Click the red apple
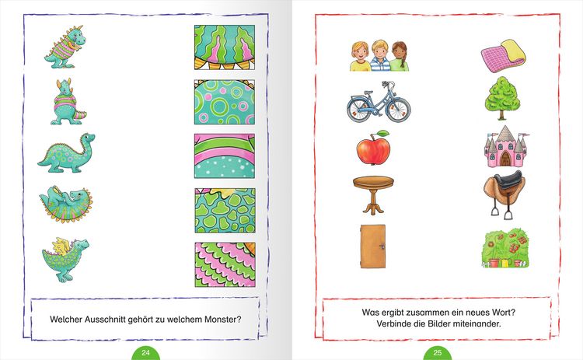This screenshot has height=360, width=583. point(373,148)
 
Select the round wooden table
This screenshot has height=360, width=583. point(373,194)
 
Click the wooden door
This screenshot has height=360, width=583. point(373,246)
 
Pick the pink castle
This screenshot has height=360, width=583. point(505,146)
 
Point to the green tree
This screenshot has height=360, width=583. point(502,98)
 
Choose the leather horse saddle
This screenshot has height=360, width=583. point(504,194)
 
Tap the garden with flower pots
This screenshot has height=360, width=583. point(505,248)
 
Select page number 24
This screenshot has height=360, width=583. point(145,352)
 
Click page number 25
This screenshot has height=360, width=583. point(437,352)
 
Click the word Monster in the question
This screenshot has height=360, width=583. point(223,319)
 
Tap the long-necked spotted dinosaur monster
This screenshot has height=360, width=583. point(66,153)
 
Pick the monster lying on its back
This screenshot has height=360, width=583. point(66,204)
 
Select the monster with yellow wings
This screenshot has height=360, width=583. point(65,259)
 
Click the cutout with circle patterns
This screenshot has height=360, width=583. point(225,102)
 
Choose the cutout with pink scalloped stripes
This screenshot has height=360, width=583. point(225,264)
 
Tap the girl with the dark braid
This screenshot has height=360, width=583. point(400,56)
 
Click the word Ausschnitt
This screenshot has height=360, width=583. point(104,319)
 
